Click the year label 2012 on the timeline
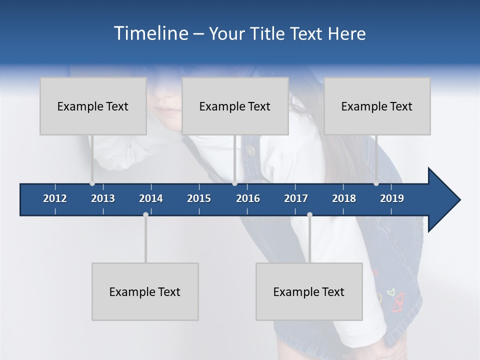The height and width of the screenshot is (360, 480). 55,198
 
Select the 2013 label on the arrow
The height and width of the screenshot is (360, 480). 103,198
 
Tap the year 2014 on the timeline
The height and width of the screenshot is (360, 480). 151,198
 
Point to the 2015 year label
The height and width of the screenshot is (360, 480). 199,198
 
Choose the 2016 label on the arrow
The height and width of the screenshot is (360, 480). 248,198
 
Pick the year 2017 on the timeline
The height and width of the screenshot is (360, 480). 296,198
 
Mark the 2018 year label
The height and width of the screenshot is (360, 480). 344,198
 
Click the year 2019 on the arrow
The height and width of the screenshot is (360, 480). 392,198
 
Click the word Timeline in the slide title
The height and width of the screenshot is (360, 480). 150,33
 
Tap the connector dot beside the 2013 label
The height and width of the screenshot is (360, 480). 92,183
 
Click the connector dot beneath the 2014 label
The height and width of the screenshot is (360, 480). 145,214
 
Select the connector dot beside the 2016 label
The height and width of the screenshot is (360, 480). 234,183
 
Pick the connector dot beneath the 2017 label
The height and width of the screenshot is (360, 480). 309,214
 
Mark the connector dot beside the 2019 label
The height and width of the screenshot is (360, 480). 376,183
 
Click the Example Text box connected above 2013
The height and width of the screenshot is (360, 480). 93,106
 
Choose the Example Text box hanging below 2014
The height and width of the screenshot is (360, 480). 145,291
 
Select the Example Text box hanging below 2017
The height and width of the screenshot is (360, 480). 309,291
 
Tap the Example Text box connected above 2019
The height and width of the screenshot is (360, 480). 377,106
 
